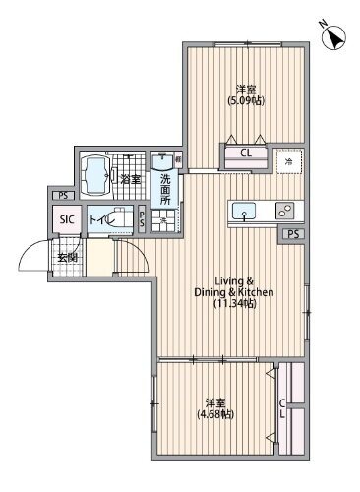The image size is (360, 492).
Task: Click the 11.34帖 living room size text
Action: click(236, 304)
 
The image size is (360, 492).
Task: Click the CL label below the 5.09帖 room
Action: click(245, 153)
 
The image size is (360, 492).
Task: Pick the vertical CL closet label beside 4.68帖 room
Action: click(282, 408)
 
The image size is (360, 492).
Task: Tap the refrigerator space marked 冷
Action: click(288, 159)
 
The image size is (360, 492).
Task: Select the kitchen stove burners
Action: click(284, 210)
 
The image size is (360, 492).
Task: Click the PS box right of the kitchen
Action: click(293, 233)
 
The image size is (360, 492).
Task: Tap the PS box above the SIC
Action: click(62, 196)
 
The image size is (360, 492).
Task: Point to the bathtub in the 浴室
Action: click(96, 178)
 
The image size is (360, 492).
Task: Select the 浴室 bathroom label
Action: click(130, 179)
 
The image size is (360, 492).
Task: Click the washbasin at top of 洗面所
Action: click(162, 159)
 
